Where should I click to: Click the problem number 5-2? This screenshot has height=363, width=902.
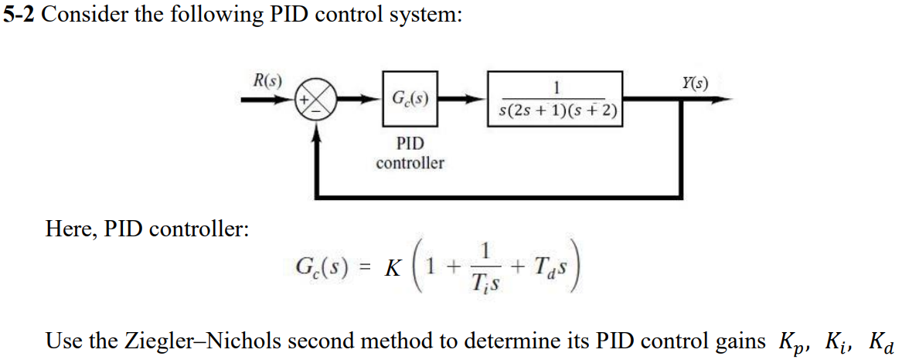(19, 16)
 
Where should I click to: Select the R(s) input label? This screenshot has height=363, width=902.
(267, 80)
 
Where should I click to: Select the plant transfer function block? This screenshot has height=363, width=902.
(555, 99)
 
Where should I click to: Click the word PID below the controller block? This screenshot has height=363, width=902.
(410, 144)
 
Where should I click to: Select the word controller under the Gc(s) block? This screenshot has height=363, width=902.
(410, 163)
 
